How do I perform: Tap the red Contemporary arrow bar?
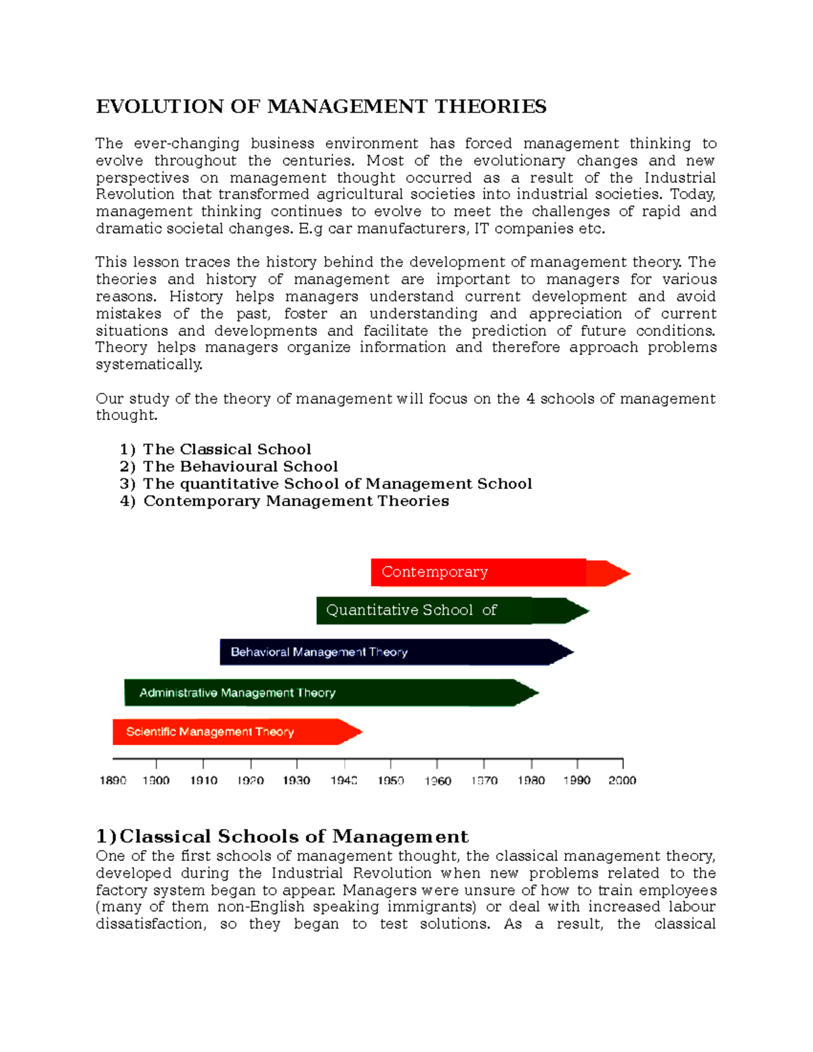(478, 572)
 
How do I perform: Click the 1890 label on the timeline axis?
(113, 781)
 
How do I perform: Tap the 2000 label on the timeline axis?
(622, 781)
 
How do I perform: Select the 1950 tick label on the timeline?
(391, 781)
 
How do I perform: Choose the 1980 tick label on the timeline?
(531, 781)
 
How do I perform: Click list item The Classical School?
(226, 450)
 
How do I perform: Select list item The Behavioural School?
(240, 467)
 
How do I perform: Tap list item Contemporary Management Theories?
(295, 501)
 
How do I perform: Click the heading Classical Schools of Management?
(282, 837)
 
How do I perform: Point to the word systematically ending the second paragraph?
(149, 364)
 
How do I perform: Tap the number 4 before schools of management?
(530, 399)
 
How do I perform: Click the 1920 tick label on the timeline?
(251, 781)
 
